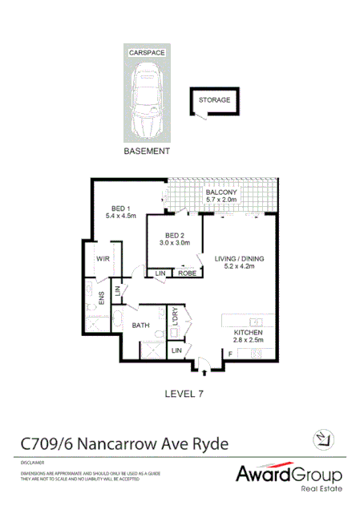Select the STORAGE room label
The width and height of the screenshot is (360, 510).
point(214,100)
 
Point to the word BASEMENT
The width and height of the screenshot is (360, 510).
point(147,151)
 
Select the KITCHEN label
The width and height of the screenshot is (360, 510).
point(248,332)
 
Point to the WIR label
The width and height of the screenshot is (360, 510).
point(103,259)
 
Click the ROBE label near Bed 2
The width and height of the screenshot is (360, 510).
point(187,273)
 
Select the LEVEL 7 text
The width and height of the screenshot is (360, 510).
point(186,392)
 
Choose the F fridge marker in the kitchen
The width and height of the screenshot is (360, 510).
point(231,353)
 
